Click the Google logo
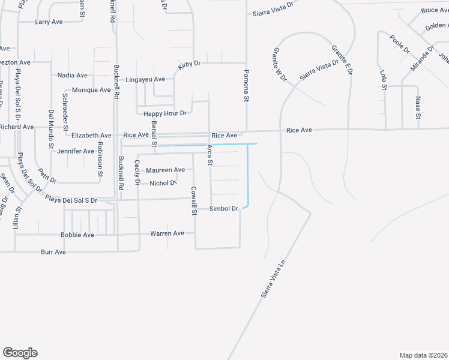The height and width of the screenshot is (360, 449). point(20,353)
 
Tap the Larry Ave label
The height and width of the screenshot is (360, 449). point(49,22)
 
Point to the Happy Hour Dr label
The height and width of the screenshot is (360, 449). point(165,113)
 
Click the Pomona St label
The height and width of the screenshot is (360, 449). point(246,86)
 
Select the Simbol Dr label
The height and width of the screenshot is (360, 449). point(224,209)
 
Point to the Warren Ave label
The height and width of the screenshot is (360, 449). point(167,233)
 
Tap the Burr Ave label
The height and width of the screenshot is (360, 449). point(53,252)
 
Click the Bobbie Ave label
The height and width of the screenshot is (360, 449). point(77,235)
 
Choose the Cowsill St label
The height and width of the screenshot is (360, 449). point(194,201)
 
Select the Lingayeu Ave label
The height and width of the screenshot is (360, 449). point(145,79)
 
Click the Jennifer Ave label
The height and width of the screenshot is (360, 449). point(76,151)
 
